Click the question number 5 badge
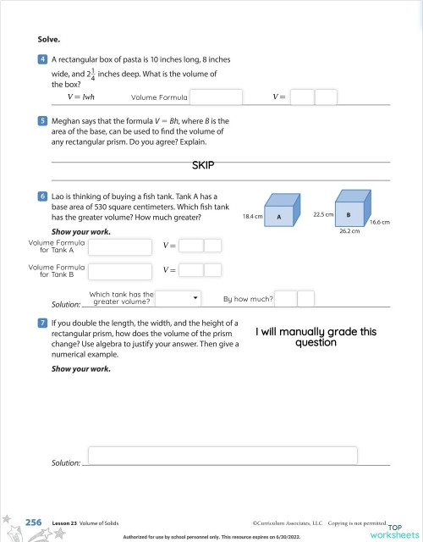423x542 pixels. tap(41, 122)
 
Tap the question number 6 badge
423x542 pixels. tap(41, 196)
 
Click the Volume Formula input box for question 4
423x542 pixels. tap(216, 97)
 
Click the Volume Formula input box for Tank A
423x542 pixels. tap(120, 246)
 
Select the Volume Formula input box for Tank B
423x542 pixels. tap(120, 271)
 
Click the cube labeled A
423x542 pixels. tap(280, 215)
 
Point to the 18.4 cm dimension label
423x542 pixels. tap(251, 217)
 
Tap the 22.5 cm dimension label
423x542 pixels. tap(321, 214)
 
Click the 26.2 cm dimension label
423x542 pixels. tap(350, 230)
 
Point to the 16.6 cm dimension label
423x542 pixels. tap(379, 222)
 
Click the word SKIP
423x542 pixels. tap(206, 165)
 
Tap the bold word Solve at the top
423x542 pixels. tap(49, 39)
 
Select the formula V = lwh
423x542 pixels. tap(80, 97)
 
